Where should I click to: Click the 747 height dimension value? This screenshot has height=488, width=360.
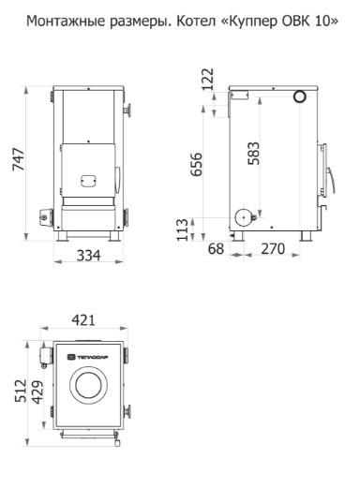pos(19,159)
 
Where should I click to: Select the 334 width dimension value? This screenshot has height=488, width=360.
pos(89,256)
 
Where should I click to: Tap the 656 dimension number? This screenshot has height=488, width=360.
pos(197,164)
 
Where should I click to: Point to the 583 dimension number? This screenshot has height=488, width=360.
pos(253,154)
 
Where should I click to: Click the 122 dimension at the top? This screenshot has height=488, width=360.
pos(208,80)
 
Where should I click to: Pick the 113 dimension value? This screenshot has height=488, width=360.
pos(183,229)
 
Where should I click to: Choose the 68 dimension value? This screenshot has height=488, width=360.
pos(216,249)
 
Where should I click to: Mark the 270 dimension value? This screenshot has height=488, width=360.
pos(273,249)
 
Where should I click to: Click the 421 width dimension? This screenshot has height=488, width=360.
pos(83,320)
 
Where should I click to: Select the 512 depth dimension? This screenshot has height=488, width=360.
pos(21,391)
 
